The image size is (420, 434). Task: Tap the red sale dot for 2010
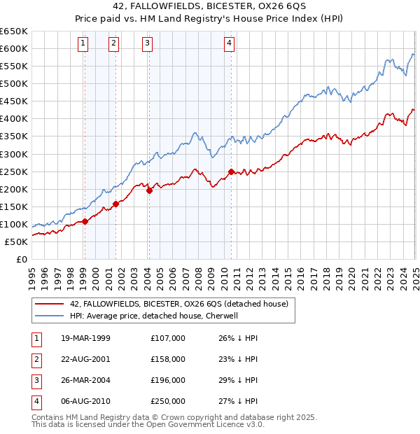pyautogui.click(x=231, y=171)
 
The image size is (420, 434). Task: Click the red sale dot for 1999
pyautogui.click(x=85, y=221)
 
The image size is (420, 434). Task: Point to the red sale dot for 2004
pyautogui.click(x=149, y=190)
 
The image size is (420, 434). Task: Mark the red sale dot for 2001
pyautogui.click(x=115, y=204)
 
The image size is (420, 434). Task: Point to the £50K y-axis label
pyautogui.click(x=16, y=241)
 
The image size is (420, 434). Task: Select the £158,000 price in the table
pyautogui.click(x=168, y=359)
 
